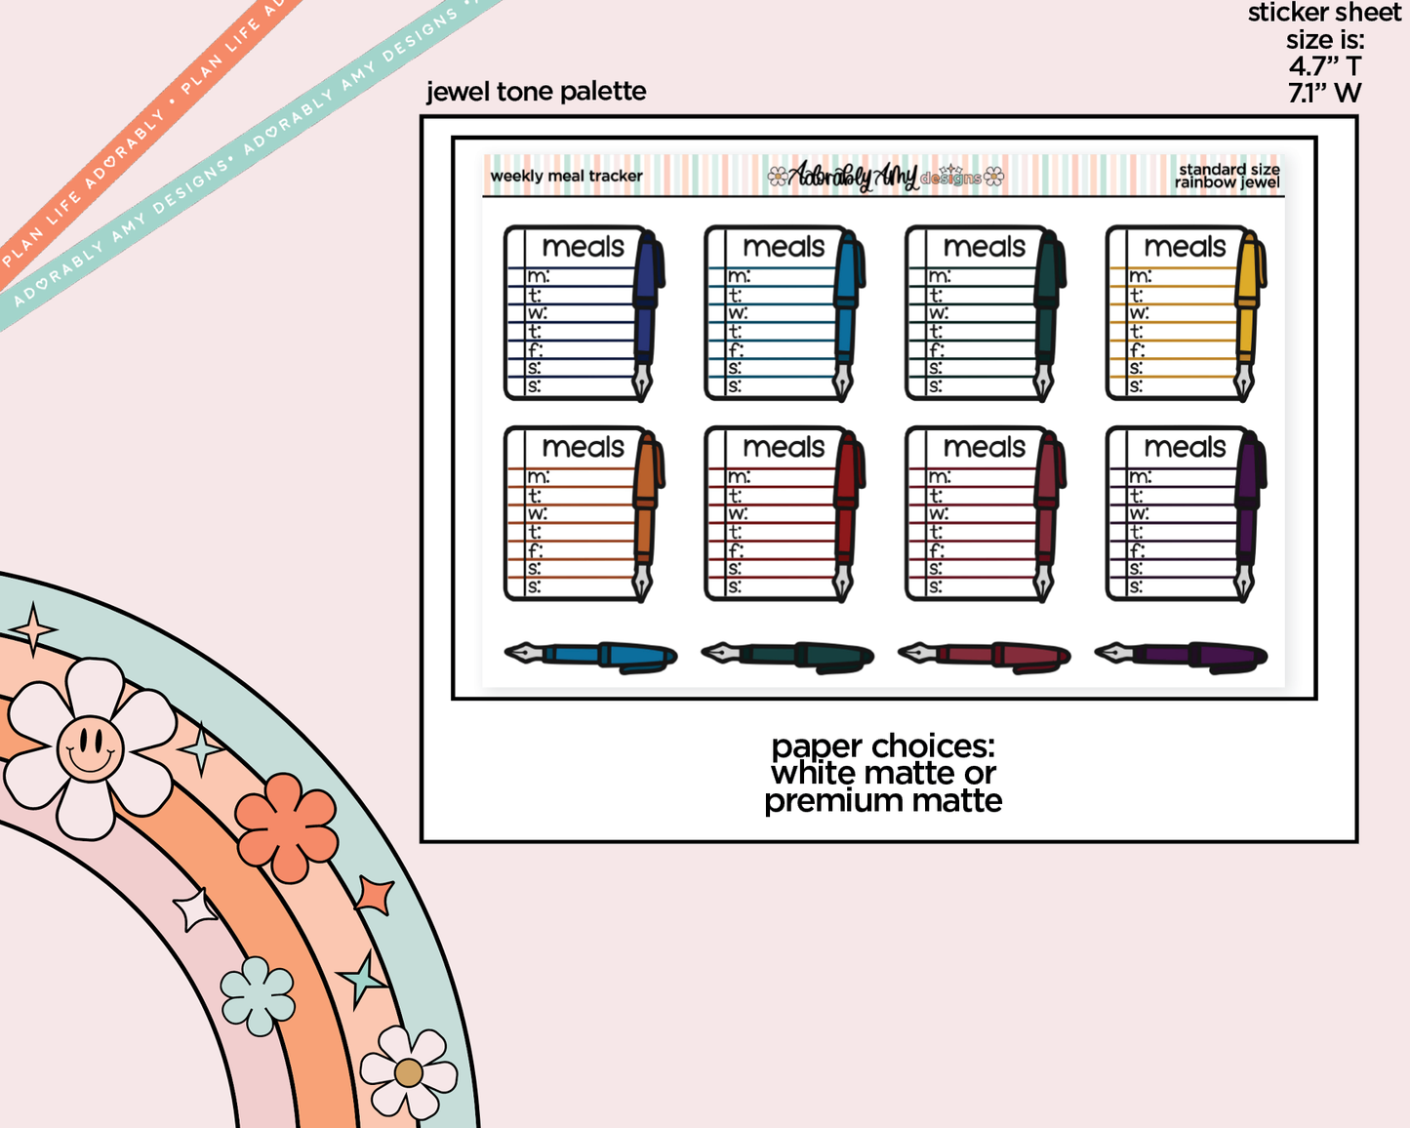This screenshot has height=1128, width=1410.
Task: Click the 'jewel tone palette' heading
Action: (536, 92)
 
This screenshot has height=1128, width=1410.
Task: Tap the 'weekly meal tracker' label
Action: (566, 177)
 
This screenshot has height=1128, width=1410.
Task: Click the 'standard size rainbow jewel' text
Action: (1228, 176)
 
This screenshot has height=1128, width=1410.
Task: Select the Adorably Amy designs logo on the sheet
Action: (885, 176)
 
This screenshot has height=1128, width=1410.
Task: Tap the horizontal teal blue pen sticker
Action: (591, 655)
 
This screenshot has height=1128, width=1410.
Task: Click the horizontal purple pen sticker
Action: (1182, 655)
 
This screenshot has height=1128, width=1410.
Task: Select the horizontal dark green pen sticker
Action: (788, 655)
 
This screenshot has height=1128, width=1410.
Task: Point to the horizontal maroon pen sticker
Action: (985, 655)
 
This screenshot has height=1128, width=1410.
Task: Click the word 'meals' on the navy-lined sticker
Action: (583, 247)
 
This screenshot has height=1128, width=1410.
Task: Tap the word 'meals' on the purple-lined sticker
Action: (1185, 447)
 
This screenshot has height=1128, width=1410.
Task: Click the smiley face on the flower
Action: (90, 748)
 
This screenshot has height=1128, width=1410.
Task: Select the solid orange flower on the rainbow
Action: (286, 827)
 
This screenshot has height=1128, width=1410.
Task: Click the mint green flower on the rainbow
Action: (258, 995)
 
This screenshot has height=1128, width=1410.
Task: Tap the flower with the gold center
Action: (409, 1072)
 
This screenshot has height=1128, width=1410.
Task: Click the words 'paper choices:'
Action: (883, 746)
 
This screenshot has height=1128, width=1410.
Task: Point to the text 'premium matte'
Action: (883, 801)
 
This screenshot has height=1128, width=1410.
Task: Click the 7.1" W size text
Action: (1324, 94)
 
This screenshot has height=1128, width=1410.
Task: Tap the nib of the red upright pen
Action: (843, 583)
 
